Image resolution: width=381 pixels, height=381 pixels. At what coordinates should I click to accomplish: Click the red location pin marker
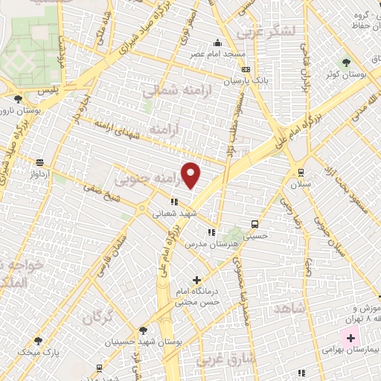(191, 174)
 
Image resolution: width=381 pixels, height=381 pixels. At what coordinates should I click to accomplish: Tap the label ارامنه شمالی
(170, 90)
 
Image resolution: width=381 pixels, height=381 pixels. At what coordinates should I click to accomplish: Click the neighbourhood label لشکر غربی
(264, 32)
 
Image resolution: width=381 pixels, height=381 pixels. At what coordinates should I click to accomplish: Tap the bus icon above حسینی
(255, 223)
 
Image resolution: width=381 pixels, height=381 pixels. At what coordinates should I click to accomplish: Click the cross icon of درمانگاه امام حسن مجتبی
(196, 281)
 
